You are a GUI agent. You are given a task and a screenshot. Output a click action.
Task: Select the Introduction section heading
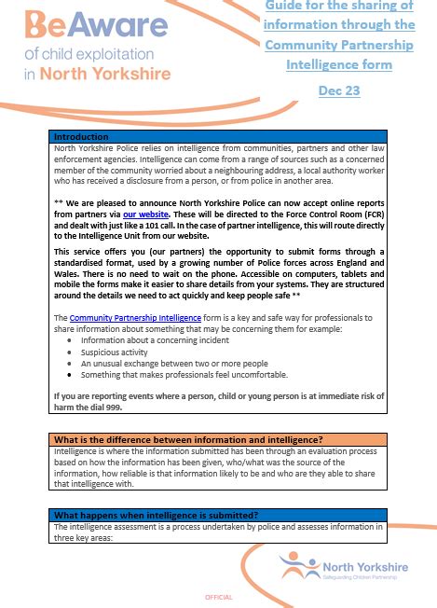tap(82, 136)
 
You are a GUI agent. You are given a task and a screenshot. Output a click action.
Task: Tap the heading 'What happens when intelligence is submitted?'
tap(155, 515)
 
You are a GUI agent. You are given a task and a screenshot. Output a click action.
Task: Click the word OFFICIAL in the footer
tap(218, 596)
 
